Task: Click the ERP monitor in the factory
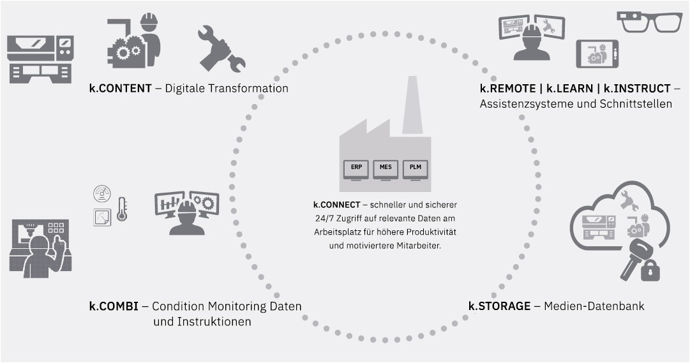tap(356, 168)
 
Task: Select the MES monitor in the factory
tap(386, 168)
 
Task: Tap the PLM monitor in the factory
tap(416, 168)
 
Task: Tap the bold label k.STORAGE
tap(499, 306)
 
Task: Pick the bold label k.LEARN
tap(567, 89)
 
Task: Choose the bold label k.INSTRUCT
tap(635, 89)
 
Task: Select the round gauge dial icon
tap(102, 193)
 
